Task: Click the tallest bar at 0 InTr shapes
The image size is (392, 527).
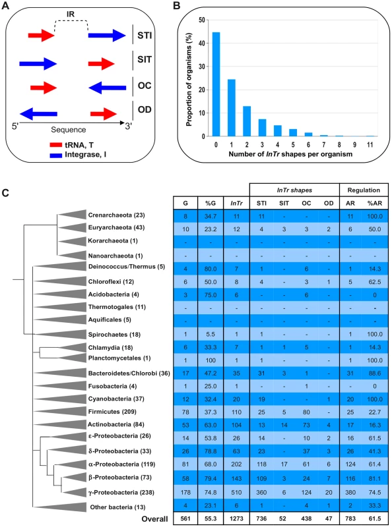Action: tap(216, 84)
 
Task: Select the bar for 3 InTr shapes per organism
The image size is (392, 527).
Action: tap(263, 128)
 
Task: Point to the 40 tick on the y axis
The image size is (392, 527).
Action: tap(201, 43)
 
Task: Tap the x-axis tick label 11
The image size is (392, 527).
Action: tap(370, 145)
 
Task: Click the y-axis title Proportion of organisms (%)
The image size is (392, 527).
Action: tap(189, 80)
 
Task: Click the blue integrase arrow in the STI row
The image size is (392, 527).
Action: tap(107, 36)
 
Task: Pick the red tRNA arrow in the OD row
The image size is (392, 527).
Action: tap(104, 114)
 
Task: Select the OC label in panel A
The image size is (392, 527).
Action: tap(145, 86)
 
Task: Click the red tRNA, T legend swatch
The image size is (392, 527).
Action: tap(55, 145)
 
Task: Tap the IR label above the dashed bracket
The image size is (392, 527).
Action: tap(71, 14)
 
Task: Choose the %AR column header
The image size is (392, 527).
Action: tap(374, 203)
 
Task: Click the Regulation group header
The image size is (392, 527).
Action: tap(364, 190)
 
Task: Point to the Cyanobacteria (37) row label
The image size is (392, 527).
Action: tap(116, 399)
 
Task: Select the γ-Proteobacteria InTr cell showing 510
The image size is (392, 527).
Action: tap(236, 492)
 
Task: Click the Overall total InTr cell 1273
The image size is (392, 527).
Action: tap(236, 518)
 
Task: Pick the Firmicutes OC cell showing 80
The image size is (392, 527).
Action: tap(306, 412)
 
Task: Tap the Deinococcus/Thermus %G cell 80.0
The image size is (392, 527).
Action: tap(211, 269)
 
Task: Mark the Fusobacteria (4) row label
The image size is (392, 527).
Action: tap(112, 386)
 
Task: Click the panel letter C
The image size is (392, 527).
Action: tap(5, 193)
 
